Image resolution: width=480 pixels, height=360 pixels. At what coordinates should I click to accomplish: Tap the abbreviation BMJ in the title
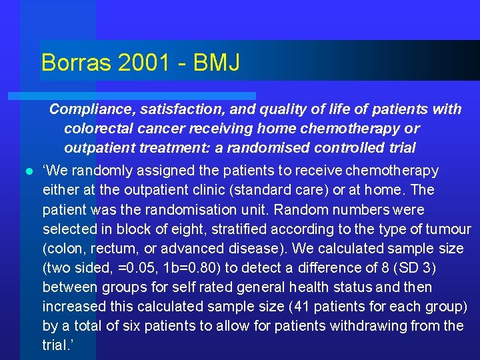(217, 63)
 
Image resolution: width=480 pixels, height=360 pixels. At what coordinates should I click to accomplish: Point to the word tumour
(447, 229)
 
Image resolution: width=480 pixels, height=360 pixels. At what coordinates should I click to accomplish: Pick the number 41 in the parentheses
(296, 307)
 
